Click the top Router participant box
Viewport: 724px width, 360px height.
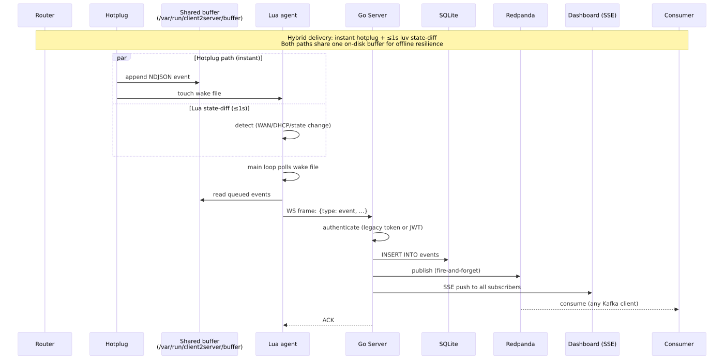44,15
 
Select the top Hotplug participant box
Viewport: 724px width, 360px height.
117,15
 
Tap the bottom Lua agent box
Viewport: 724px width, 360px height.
282,344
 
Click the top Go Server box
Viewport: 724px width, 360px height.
372,15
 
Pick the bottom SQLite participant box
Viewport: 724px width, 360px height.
449,344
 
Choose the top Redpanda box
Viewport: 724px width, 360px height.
520,15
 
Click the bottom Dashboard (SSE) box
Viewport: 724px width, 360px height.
592,344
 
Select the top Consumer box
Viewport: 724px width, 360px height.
679,15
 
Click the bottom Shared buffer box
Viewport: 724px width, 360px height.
200,344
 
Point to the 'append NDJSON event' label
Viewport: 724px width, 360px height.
158,77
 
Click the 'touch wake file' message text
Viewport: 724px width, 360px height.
200,94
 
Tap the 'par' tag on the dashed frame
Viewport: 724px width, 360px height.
122,58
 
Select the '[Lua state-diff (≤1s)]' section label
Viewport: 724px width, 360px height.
219,108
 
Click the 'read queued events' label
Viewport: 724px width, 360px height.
242,194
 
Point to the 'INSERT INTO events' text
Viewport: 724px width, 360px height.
410,254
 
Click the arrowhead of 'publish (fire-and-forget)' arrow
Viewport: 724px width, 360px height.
518,276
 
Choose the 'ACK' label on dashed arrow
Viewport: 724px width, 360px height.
328,320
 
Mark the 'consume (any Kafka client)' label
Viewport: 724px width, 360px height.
599,304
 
